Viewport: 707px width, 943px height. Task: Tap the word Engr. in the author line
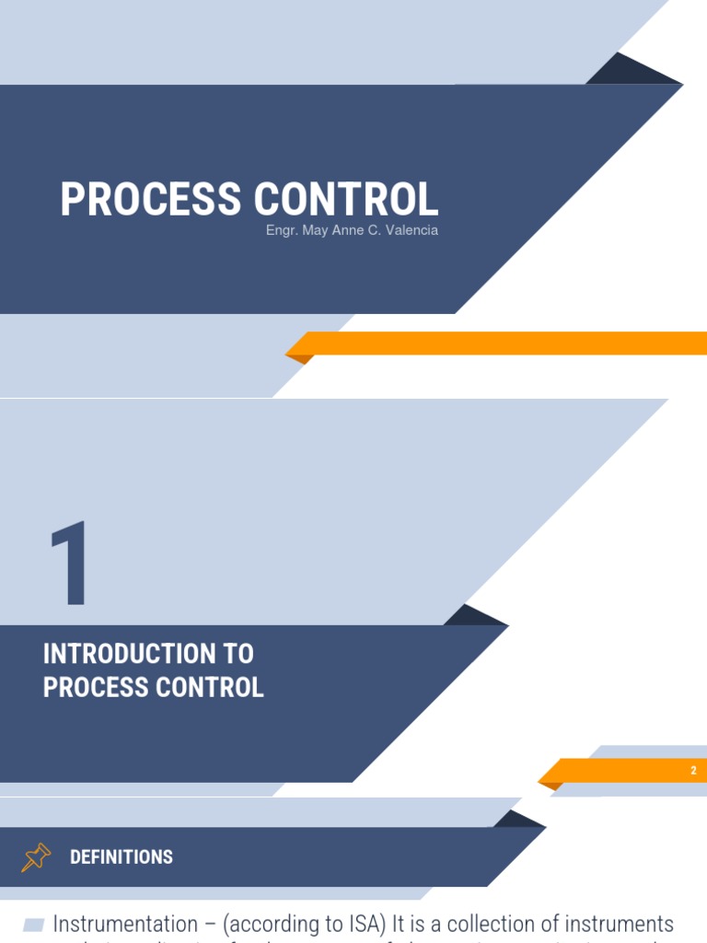[x=280, y=230]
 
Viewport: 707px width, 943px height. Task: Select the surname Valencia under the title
[x=411, y=230]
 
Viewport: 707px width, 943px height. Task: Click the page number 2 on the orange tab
[x=693, y=771]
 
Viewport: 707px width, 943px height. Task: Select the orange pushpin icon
[x=36, y=857]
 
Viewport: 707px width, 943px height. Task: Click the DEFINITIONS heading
[x=122, y=857]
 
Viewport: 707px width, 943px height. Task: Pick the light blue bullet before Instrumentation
[x=34, y=925]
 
